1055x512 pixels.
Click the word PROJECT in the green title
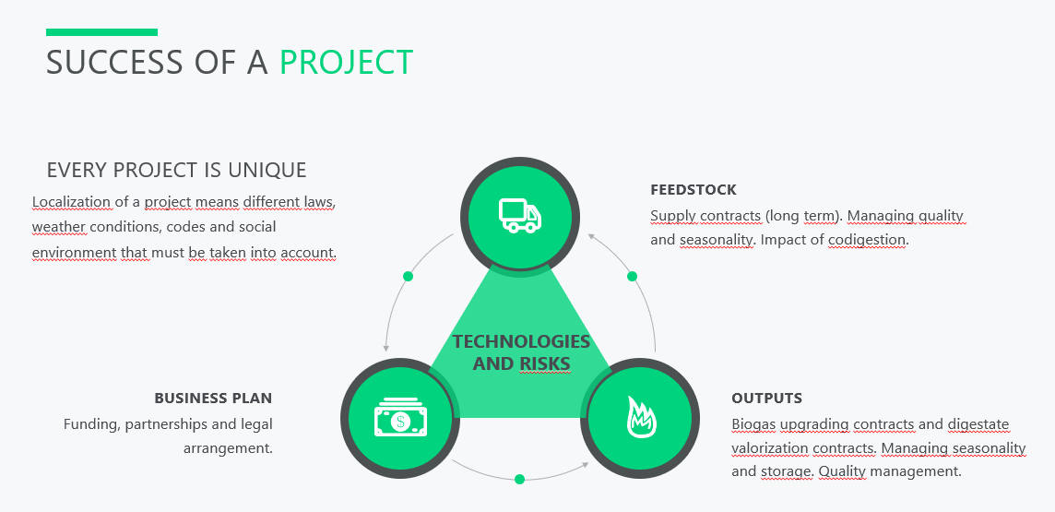pos(346,62)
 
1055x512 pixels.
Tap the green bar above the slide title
pos(101,32)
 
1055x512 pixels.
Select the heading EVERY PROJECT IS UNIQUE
pos(176,171)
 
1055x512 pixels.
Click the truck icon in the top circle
pos(520,215)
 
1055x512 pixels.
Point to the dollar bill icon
pos(401,418)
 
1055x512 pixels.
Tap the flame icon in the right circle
pos(641,417)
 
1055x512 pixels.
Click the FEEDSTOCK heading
pos(693,190)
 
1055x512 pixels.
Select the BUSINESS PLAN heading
pos(213,399)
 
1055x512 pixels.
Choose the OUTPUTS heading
pos(766,399)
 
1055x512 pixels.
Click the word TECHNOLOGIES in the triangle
pos(521,341)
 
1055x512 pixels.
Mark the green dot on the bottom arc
pos(519,479)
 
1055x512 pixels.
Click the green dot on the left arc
pos(408,276)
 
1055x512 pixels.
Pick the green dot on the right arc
pos(632,276)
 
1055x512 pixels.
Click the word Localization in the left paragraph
pos(71,202)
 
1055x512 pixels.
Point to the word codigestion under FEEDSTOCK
pos(867,240)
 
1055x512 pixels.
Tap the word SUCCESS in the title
pos(114,62)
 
